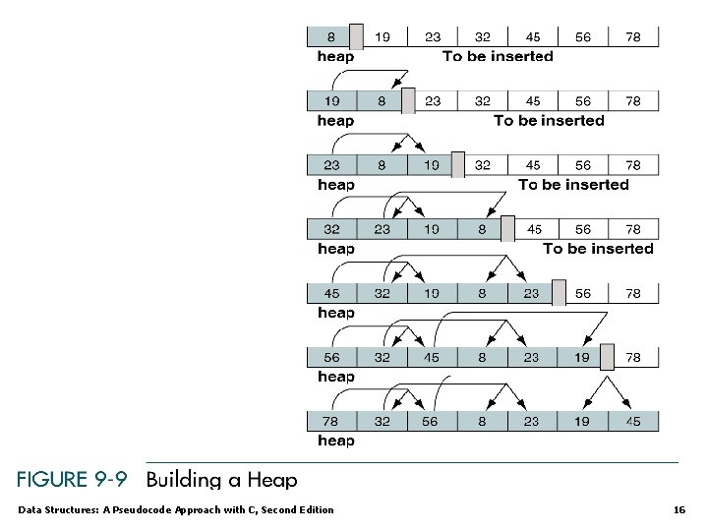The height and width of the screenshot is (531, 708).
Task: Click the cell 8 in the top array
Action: click(x=330, y=37)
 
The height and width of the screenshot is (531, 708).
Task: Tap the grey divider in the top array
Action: click(x=356, y=36)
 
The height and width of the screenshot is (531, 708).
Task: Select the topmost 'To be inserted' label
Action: click(x=498, y=56)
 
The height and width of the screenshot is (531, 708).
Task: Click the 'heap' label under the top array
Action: click(x=335, y=56)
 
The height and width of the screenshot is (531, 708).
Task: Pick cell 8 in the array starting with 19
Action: click(x=381, y=101)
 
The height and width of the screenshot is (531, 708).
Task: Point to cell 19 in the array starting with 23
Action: click(x=431, y=165)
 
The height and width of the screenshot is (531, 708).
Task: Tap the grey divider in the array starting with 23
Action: click(x=457, y=164)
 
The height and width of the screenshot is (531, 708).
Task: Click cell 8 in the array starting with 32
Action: click(x=481, y=229)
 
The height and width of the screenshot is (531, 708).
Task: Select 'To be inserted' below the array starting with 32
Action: click(x=598, y=249)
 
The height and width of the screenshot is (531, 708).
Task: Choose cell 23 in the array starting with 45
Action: click(x=531, y=293)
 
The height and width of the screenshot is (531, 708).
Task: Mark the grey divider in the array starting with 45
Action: click(x=558, y=292)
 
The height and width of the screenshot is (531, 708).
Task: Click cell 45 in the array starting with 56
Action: click(x=431, y=357)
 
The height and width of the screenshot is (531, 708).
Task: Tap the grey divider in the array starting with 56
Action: click(x=607, y=356)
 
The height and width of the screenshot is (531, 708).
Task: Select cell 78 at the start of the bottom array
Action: click(x=331, y=421)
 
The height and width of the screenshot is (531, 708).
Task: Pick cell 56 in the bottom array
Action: click(x=431, y=421)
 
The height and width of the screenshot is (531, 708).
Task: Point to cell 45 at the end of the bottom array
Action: click(x=632, y=421)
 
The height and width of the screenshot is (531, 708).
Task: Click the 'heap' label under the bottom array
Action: click(x=335, y=441)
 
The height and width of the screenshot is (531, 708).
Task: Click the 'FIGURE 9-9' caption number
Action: click(x=72, y=480)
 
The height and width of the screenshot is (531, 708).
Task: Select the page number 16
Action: click(x=678, y=509)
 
